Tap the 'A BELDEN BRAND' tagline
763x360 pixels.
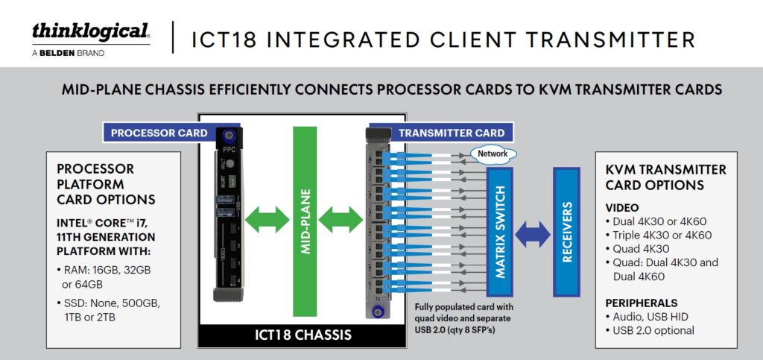click(68, 54)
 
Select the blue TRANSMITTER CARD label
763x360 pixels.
click(452, 133)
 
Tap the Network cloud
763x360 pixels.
click(492, 154)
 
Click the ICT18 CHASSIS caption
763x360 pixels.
click(303, 335)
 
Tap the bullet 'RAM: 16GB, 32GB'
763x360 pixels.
click(107, 270)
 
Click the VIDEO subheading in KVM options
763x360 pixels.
click(622, 207)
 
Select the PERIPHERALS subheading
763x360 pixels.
click(642, 303)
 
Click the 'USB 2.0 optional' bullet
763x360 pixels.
click(653, 330)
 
